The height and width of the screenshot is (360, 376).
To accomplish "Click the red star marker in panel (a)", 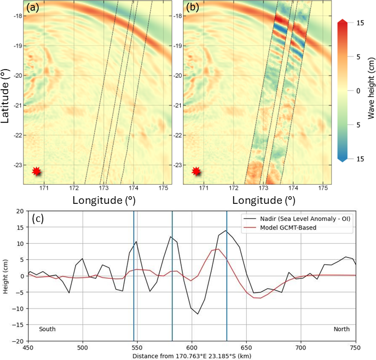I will coord(37,171).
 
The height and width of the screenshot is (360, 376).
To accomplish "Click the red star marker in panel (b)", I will coord(196,171).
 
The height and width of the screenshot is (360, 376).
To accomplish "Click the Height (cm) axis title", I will coord(6,276).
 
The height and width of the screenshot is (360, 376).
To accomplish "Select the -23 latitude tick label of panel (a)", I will coord(25,165).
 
